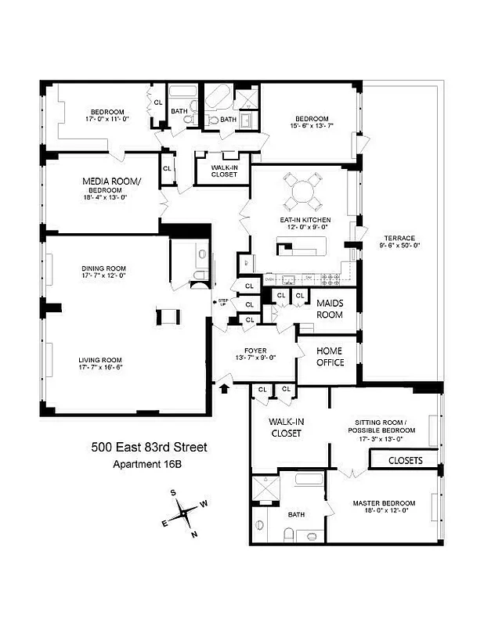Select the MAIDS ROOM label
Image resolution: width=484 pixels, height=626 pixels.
click(330, 308)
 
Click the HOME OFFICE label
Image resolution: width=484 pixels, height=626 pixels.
click(330, 357)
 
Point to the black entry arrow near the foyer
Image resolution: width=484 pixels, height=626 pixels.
click(226, 387)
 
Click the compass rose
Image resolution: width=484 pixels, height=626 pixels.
click(185, 514)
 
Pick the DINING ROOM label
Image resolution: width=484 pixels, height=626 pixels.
click(104, 271)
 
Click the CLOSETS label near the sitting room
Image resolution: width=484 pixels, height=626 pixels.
click(405, 461)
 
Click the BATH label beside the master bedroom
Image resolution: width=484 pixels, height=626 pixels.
click(296, 514)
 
